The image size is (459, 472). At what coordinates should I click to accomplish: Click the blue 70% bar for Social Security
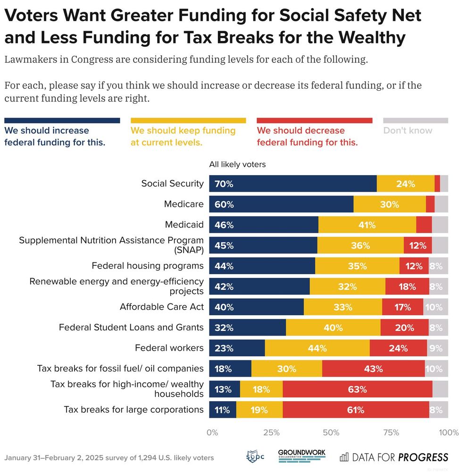point(292,184)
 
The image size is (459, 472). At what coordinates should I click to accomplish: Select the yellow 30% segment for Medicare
point(390,204)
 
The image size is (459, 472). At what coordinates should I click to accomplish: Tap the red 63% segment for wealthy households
point(357,389)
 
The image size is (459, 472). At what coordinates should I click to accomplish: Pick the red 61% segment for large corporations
point(355,410)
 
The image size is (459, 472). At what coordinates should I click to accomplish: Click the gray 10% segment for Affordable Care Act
point(435,307)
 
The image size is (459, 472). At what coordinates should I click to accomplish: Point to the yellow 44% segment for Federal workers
point(317,348)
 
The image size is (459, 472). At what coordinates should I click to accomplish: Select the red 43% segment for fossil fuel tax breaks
point(373,369)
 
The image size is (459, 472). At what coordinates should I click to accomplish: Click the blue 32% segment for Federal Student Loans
point(247,328)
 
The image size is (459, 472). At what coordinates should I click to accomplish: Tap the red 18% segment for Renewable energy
point(407,287)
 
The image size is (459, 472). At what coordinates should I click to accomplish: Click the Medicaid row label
point(184,225)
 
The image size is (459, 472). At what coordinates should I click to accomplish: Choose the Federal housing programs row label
point(148,266)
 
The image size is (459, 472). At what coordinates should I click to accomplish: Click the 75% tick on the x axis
point(391,432)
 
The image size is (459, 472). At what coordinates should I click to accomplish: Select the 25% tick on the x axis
point(271,432)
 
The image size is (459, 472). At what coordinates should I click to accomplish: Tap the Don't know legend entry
point(408,131)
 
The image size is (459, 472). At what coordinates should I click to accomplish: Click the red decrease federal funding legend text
point(307,136)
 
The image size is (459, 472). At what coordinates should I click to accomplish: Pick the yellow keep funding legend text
point(183,136)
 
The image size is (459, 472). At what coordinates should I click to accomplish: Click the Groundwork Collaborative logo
point(301,456)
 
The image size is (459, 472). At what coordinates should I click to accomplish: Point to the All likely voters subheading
point(237,165)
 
